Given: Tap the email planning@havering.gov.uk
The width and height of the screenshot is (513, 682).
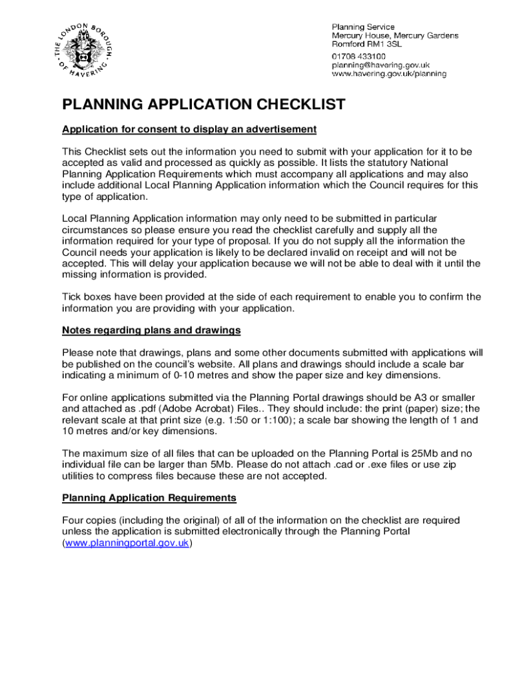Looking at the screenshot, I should (381, 65).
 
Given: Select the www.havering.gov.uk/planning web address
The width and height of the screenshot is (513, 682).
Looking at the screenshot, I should (389, 75).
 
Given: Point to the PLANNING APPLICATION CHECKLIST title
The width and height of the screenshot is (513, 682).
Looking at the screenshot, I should (204, 105).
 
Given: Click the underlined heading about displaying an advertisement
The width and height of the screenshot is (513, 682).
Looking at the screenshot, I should (189, 129).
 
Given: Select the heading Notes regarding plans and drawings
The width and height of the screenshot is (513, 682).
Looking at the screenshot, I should (151, 330).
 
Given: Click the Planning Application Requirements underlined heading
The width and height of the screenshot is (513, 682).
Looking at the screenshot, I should (149, 498).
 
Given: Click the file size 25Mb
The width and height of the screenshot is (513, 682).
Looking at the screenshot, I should (418, 453).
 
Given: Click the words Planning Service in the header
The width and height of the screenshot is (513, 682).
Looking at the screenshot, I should (363, 26).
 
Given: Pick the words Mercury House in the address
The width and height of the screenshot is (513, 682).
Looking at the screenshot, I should (362, 35).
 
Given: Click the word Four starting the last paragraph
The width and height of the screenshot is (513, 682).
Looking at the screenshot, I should (73, 520).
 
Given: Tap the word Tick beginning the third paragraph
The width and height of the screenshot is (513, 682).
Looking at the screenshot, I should (72, 297).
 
